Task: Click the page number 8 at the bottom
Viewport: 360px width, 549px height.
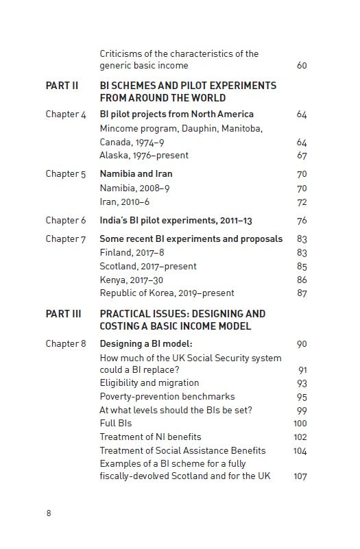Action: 49,513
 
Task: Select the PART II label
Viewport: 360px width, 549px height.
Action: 62,86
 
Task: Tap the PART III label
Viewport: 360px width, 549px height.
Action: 63,314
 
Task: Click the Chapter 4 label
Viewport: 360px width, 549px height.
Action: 66,114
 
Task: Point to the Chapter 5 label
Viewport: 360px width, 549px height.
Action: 66,174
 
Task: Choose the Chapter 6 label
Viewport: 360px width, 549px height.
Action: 66,221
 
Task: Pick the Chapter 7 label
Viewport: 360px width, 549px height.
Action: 66,239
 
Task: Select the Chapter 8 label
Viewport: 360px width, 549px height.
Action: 66,344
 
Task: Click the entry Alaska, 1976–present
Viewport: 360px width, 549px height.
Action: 144,156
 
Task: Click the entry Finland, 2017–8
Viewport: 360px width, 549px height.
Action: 131,253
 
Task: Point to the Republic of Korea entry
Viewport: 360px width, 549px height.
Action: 167,293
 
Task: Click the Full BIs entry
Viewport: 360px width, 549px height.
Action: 116,424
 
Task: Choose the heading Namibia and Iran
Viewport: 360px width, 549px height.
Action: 136,174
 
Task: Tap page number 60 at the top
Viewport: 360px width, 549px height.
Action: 302,66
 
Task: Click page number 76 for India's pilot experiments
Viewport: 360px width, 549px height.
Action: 302,221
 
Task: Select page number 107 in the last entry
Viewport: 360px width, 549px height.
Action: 300,476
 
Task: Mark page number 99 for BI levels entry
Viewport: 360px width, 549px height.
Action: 302,410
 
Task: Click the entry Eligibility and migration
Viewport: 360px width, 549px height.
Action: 149,383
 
